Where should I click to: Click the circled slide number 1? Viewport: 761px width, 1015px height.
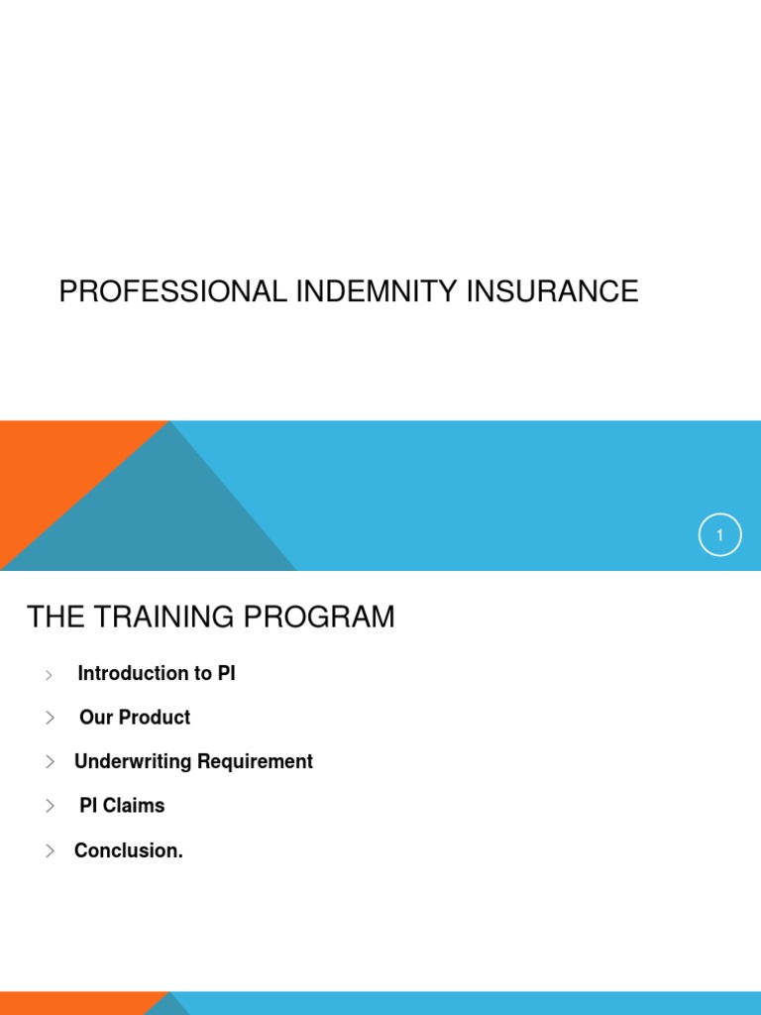pyautogui.click(x=719, y=535)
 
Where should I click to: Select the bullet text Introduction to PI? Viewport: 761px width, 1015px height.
pyautogui.click(x=157, y=674)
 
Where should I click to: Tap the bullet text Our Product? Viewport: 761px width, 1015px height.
pyautogui.click(x=135, y=718)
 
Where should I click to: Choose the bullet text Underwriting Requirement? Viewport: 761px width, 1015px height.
pyautogui.click(x=193, y=761)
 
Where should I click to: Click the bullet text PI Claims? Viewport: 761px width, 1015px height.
pyautogui.click(x=122, y=806)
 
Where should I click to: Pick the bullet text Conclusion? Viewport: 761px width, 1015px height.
pyautogui.click(x=129, y=850)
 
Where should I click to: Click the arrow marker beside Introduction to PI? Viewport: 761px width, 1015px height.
pyautogui.click(x=49, y=675)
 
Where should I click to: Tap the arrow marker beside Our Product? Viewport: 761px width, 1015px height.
pyautogui.click(x=50, y=718)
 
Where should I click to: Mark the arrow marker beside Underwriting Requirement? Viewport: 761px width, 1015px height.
pyautogui.click(x=50, y=761)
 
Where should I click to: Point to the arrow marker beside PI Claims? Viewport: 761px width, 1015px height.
pyautogui.click(x=50, y=806)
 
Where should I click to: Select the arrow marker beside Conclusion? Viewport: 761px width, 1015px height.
pyautogui.click(x=50, y=850)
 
